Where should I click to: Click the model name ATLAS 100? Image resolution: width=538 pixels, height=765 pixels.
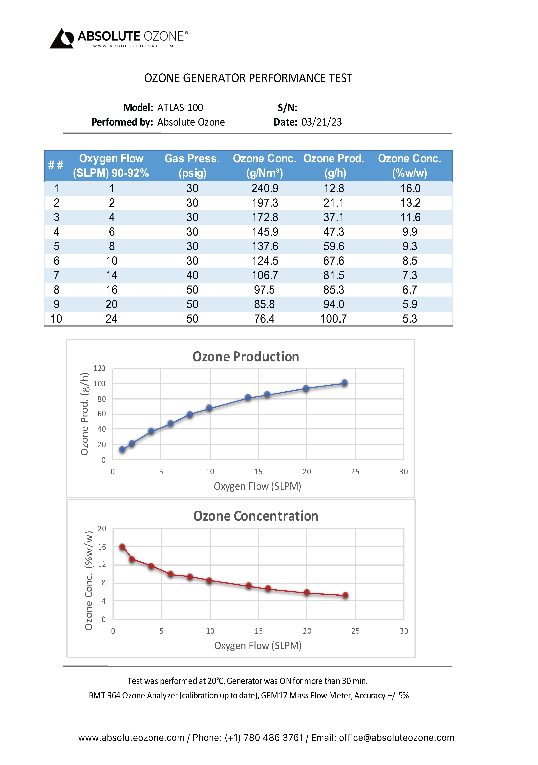[180, 108]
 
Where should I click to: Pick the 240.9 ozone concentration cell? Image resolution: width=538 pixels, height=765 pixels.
[265, 189]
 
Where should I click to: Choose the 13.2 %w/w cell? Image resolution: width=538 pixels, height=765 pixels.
[410, 203]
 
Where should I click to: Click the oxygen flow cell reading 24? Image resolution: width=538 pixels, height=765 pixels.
[112, 319]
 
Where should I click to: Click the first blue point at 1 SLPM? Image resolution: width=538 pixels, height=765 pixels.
[122, 449]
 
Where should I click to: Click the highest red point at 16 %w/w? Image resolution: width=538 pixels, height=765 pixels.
[122, 547]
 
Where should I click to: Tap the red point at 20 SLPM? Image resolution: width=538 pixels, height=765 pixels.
[307, 592]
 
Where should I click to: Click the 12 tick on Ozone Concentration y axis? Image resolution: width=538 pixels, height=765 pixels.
[102, 564]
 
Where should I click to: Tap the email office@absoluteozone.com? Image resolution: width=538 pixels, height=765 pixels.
[396, 738]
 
